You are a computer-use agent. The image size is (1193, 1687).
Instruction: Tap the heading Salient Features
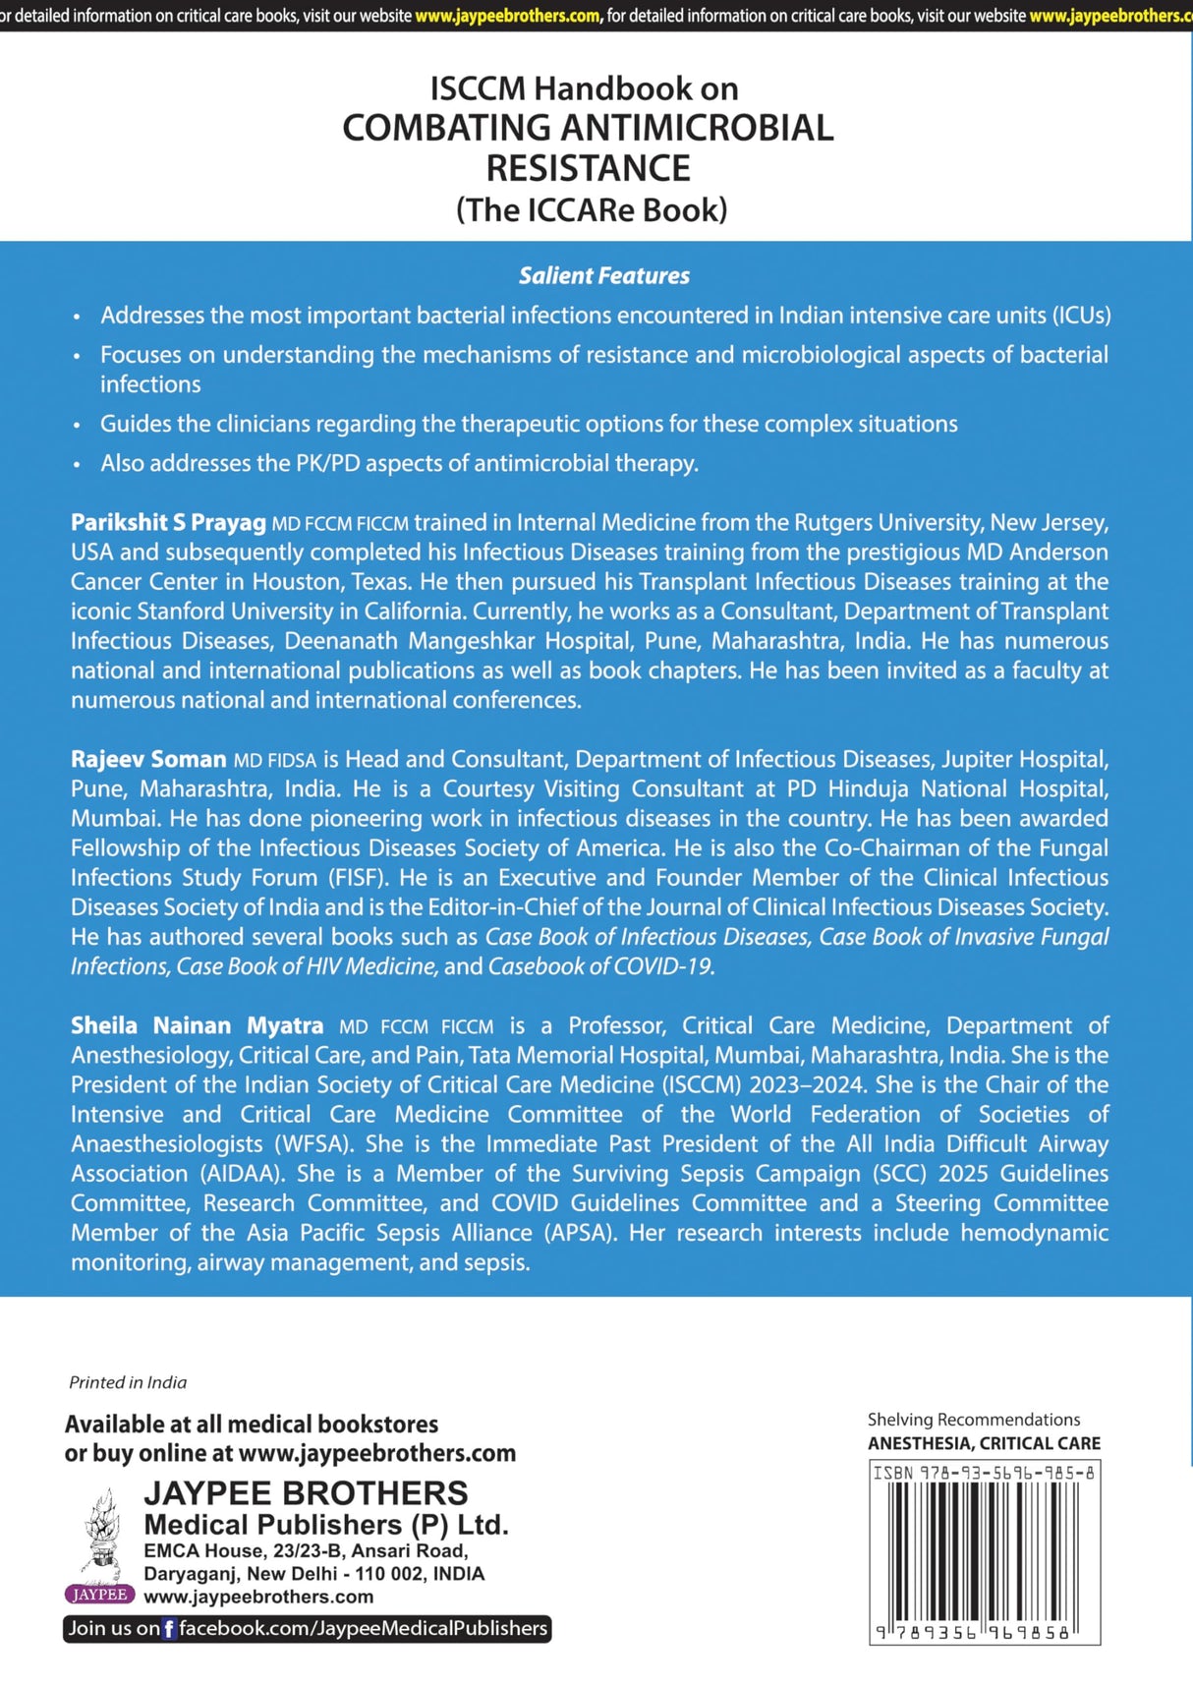coord(603,276)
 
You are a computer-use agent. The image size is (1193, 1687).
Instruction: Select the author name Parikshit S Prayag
coord(168,522)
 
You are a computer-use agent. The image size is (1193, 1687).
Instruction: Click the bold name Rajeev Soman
coord(148,759)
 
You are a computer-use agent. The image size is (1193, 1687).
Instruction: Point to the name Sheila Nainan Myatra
coord(197,1025)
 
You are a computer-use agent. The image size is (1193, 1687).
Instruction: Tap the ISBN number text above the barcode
coord(984,1473)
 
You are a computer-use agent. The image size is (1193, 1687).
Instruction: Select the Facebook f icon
coord(169,1629)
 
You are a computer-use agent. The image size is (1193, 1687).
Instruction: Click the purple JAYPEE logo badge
coord(98,1595)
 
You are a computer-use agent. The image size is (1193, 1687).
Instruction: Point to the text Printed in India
coord(128,1382)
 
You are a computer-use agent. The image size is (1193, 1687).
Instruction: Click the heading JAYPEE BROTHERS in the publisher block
coord(306,1492)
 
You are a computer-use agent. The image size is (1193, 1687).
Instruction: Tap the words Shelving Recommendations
coord(973,1420)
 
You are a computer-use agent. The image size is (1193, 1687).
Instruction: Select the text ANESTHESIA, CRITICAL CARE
coord(984,1443)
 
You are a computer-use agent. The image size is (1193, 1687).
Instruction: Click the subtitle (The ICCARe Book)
coord(592,209)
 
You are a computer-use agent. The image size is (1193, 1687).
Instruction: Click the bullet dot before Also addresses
coord(77,465)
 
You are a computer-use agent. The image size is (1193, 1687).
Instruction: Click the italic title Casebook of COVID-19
coord(600,966)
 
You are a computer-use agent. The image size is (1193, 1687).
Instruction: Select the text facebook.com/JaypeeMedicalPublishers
coord(363,1629)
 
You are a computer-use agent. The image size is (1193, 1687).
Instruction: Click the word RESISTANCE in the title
coord(588,169)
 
